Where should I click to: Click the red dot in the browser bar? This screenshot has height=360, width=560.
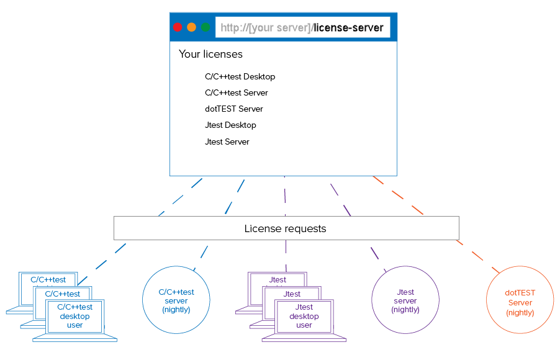pyautogui.click(x=178, y=27)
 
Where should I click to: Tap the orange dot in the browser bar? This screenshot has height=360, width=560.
pyautogui.click(x=191, y=27)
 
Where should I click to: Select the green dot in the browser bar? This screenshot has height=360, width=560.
pyautogui.click(x=205, y=27)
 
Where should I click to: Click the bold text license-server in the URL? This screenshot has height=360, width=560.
pyautogui.click(x=348, y=27)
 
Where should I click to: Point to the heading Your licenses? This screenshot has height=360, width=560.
pyautogui.click(x=210, y=54)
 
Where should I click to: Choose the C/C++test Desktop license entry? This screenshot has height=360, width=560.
pyautogui.click(x=240, y=76)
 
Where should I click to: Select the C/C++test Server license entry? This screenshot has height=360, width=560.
pyautogui.click(x=237, y=92)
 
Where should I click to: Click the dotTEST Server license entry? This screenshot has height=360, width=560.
pyautogui.click(x=234, y=109)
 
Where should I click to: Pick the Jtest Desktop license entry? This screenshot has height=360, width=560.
pyautogui.click(x=230, y=125)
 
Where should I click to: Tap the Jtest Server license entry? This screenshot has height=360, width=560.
pyautogui.click(x=227, y=142)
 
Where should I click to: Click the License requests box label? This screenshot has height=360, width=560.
pyautogui.click(x=286, y=228)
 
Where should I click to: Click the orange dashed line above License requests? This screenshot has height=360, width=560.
pyautogui.click(x=398, y=195)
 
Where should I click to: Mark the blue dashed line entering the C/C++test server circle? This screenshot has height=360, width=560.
pyautogui.click(x=201, y=258)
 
